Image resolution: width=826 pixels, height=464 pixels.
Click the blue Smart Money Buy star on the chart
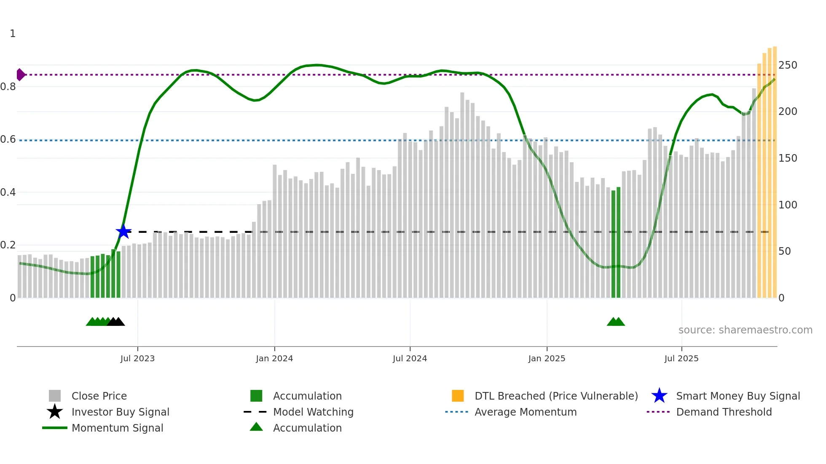pyautogui.click(x=123, y=232)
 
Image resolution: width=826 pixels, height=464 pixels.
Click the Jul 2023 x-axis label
pyautogui.click(x=137, y=358)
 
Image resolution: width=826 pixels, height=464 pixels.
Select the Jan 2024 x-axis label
pyautogui.click(x=274, y=358)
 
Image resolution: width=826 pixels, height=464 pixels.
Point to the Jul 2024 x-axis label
pyautogui.click(x=410, y=358)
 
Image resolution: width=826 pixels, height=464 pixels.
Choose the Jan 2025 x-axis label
pyautogui.click(x=547, y=358)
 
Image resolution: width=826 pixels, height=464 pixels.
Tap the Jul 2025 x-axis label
pyautogui.click(x=681, y=358)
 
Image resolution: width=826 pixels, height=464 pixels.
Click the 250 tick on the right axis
pyautogui.click(x=788, y=65)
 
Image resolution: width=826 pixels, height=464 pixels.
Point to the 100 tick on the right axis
pyautogui.click(x=788, y=205)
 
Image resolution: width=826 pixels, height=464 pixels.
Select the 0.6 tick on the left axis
pyautogui.click(x=8, y=139)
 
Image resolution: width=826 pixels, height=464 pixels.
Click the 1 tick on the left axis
pyautogui.click(x=13, y=34)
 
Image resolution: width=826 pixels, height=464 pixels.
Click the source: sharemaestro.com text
pyautogui.click(x=745, y=330)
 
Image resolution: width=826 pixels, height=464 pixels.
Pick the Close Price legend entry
pyautogui.click(x=99, y=396)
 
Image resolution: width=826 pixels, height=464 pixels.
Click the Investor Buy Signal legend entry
pyautogui.click(x=120, y=412)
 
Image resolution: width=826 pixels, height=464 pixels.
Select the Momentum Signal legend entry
pyautogui.click(x=117, y=428)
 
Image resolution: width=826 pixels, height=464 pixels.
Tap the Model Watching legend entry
pyautogui.click(x=313, y=412)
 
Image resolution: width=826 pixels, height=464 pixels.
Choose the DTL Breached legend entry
pyautogui.click(x=556, y=396)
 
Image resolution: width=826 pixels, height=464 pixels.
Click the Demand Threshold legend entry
pyautogui.click(x=724, y=412)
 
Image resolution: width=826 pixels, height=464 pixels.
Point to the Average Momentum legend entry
pyautogui.click(x=526, y=412)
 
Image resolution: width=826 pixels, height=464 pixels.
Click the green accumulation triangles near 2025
pyautogui.click(x=616, y=322)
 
